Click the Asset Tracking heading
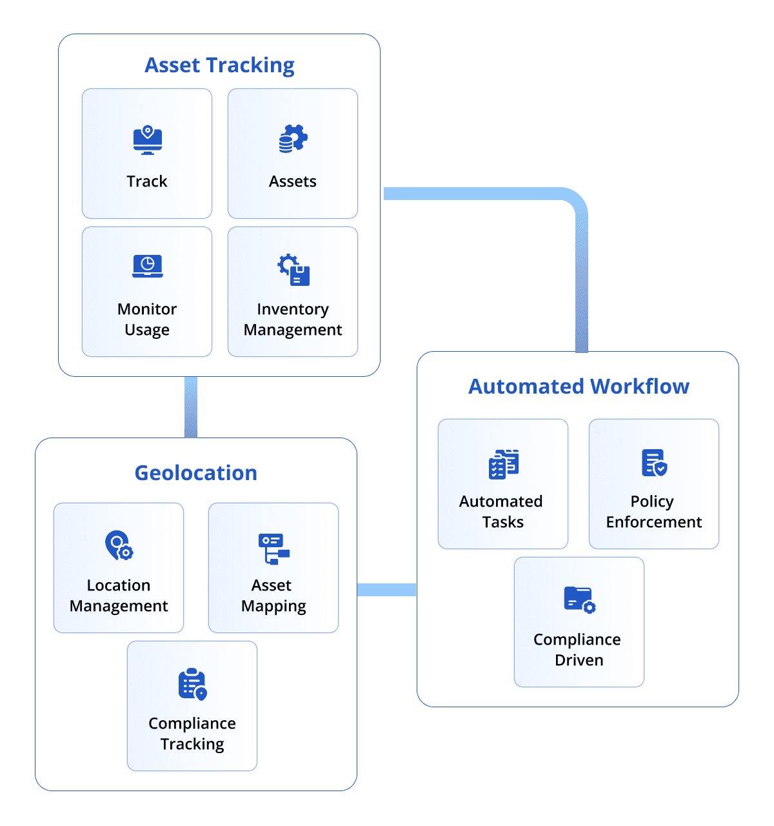tap(219, 65)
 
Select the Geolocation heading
tap(195, 473)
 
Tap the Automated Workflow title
tap(579, 387)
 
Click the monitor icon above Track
tap(147, 140)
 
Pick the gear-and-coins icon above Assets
tap(293, 139)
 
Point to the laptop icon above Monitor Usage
tap(147, 266)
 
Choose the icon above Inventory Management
tap(293, 270)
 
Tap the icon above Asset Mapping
tap(273, 549)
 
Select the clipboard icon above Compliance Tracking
tap(192, 684)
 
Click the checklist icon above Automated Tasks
tap(503, 464)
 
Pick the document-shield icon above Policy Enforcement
tap(653, 463)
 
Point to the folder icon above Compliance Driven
tap(579, 599)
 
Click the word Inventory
tap(293, 309)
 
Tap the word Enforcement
tap(653, 522)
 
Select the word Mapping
tap(273, 607)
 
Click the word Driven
tap(579, 660)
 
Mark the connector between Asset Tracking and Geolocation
tap(191, 407)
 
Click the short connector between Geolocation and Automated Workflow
tap(387, 589)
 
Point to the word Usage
tap(147, 330)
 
